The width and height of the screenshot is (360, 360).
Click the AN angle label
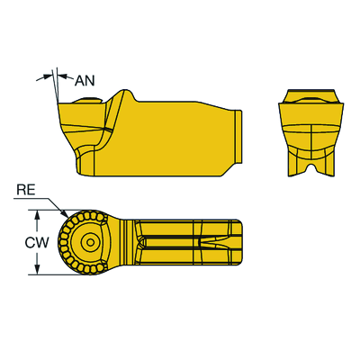[85, 80]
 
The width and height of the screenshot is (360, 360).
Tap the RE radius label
[26, 191]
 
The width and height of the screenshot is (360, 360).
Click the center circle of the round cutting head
[88, 243]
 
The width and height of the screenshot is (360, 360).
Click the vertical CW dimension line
[37, 243]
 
